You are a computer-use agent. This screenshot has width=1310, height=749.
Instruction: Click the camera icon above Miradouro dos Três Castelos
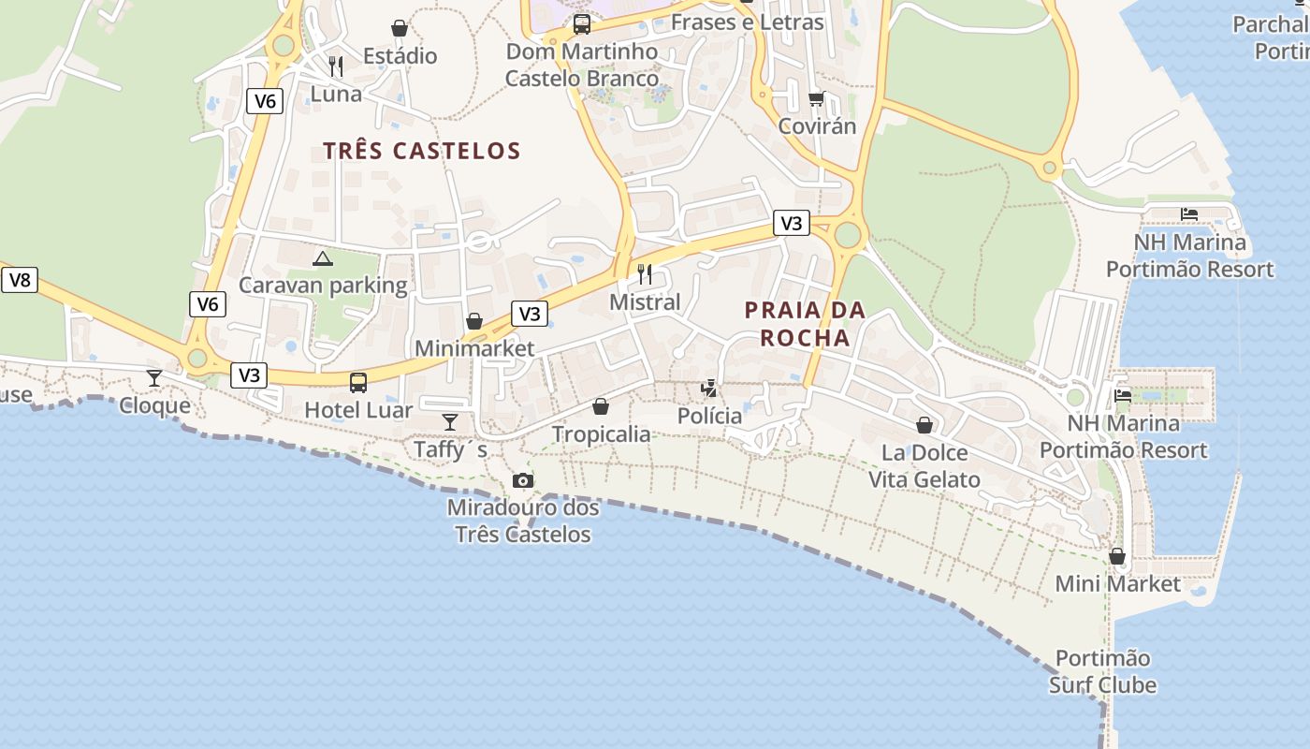point(523,480)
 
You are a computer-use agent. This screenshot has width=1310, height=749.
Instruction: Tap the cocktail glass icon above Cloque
point(154,377)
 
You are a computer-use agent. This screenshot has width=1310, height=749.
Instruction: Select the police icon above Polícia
point(709,388)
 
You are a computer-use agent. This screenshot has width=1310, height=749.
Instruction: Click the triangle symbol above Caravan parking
point(323,258)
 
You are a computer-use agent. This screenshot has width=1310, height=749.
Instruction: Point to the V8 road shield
point(20,279)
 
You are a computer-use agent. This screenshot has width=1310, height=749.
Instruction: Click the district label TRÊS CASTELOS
point(421,151)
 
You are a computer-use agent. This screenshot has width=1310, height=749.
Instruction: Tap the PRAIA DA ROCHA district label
point(805,324)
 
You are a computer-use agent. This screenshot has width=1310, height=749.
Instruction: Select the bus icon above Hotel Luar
point(358,382)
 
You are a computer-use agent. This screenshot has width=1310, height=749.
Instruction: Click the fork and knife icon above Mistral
point(645,273)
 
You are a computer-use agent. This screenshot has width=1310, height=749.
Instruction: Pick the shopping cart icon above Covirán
point(816,98)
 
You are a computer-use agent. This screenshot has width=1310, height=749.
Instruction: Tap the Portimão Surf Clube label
point(1102,671)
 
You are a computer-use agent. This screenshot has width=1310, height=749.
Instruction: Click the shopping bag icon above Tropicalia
point(601,406)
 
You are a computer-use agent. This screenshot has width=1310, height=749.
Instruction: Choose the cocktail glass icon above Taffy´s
point(450,421)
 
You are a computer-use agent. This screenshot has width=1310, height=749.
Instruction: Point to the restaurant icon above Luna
point(336,66)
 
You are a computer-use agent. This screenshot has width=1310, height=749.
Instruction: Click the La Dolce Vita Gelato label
point(924,466)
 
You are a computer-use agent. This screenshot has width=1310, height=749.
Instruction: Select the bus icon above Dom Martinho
point(582,23)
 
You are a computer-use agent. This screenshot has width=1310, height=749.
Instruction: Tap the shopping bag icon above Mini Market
point(1116,556)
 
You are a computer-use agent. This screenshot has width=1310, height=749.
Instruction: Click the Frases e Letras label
point(747,22)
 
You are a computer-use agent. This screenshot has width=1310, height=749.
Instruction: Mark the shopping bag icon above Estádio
point(400,28)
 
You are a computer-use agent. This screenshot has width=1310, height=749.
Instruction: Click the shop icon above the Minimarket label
point(474,321)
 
